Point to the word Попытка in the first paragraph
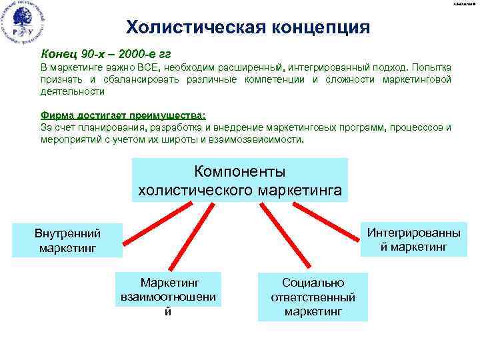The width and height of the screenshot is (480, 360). click(431, 69)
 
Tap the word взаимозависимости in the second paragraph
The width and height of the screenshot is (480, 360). click(260, 141)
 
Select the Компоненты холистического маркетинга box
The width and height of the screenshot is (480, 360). click(239, 180)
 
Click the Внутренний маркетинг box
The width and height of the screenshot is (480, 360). click(67, 241)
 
